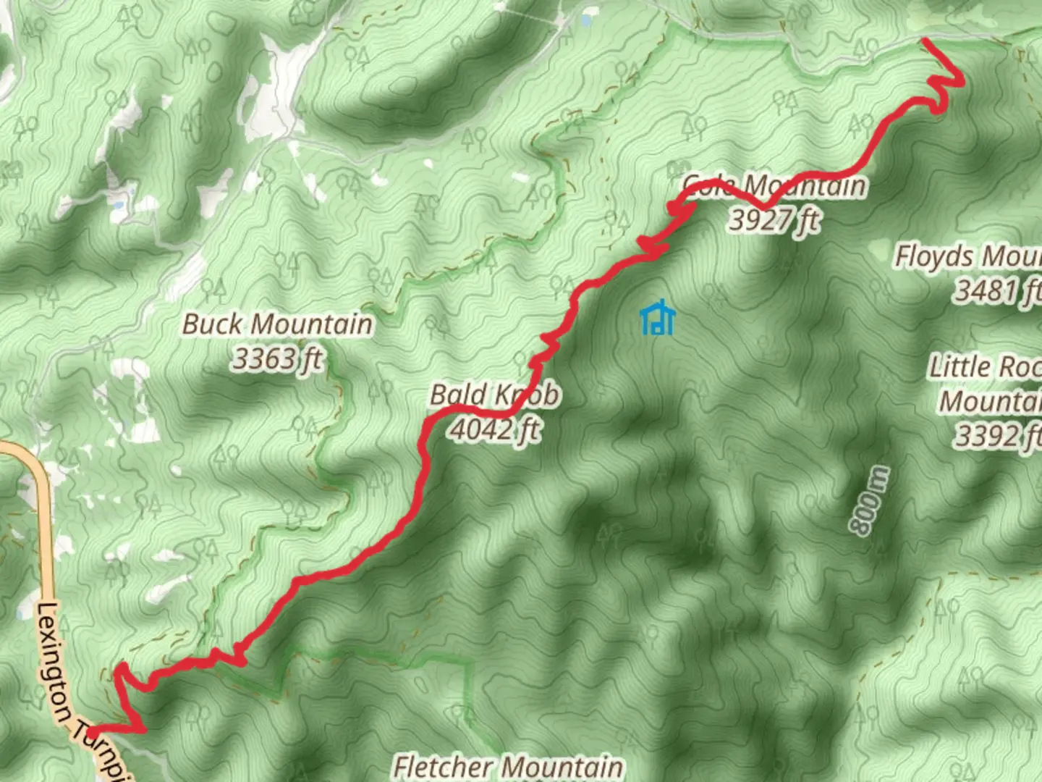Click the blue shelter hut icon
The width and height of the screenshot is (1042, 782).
tap(657, 319)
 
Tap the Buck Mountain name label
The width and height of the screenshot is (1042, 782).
tap(277, 324)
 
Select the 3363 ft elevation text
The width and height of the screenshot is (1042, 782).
tap(277, 358)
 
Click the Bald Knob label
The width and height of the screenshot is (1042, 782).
tap(495, 395)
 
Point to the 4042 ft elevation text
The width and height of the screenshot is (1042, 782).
tap(495, 429)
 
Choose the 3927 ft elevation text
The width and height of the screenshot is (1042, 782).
tap(774, 219)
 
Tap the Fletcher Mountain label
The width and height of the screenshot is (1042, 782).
tap(508, 766)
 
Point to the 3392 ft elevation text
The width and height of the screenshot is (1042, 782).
tap(999, 436)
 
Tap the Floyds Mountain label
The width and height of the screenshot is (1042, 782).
tap(968, 256)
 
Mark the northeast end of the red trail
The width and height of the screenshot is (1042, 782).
tap(925, 41)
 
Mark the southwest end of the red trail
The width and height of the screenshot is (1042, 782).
tap(93, 732)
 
